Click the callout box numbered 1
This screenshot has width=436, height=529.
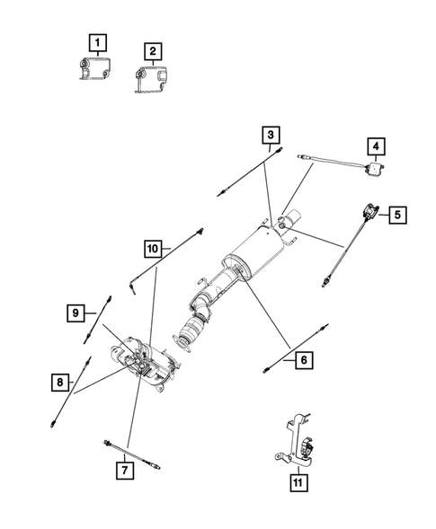96,40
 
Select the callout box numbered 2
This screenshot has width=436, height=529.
154,51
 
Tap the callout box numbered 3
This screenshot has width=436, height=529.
270,136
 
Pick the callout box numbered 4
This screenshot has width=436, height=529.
376,145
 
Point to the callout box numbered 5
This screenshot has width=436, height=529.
396,215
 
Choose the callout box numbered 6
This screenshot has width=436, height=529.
303,360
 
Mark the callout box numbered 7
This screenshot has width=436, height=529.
125,468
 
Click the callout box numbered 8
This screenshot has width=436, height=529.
60,383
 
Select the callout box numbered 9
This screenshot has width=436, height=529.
78,313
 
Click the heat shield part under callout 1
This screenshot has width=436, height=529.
93,70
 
